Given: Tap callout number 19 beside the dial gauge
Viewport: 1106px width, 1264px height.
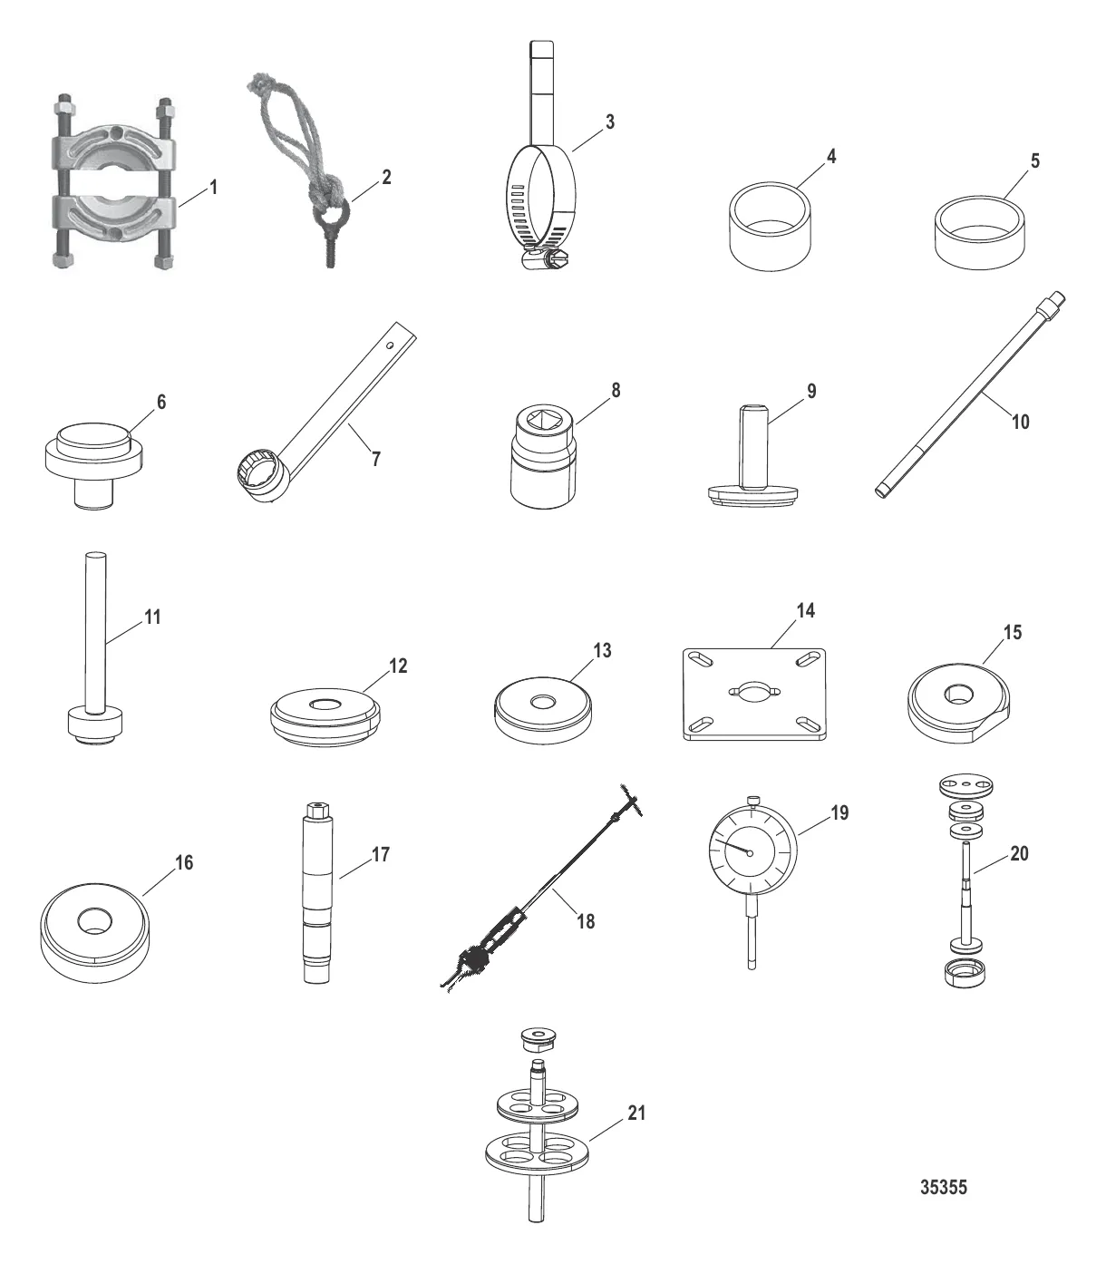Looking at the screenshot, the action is click(x=839, y=814).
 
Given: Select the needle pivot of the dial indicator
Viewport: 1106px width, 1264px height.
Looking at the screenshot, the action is click(x=751, y=853).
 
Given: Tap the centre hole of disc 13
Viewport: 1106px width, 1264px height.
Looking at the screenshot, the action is click(x=543, y=701).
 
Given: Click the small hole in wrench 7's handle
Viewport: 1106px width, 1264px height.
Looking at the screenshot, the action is click(x=391, y=345).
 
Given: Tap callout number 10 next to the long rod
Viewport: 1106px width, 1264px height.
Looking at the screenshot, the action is click(x=1020, y=423).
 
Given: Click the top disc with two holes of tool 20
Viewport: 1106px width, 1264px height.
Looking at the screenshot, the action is click(x=966, y=786).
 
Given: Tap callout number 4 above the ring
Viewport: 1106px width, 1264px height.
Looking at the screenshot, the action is click(x=831, y=158).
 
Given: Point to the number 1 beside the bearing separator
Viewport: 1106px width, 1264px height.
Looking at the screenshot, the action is click(x=214, y=188).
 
